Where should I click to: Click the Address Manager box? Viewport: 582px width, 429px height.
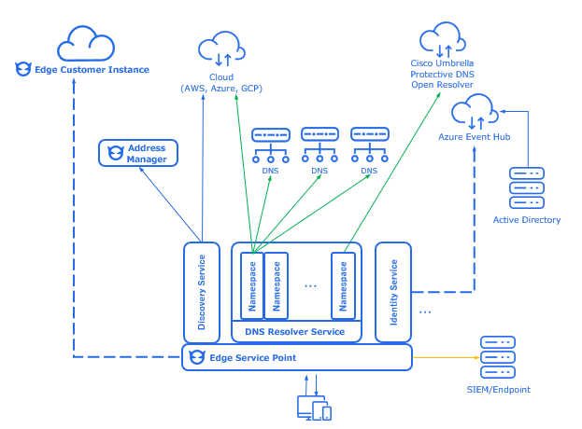(x=137, y=153)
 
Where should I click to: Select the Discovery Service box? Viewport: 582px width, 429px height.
(x=202, y=292)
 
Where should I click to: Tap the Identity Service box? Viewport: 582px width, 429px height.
(x=393, y=292)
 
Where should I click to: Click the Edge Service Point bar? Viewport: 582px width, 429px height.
(x=296, y=357)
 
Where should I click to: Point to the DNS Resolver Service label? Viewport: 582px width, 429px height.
(x=294, y=332)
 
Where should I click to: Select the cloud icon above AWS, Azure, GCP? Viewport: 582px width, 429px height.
(x=220, y=48)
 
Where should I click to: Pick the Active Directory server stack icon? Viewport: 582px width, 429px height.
(x=526, y=187)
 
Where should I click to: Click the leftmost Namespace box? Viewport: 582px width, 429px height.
(x=251, y=284)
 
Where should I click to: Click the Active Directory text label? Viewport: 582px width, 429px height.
(x=527, y=220)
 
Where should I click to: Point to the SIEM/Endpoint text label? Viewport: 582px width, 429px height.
(x=497, y=389)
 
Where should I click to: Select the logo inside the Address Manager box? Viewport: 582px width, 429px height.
(x=116, y=152)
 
